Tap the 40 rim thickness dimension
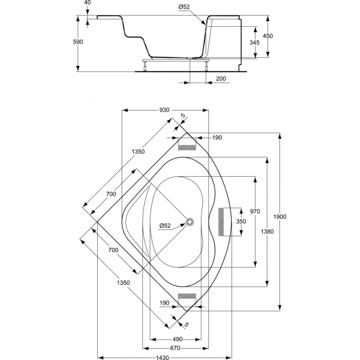86,3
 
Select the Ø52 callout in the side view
184,7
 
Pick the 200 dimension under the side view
221,79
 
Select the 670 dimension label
175,348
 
